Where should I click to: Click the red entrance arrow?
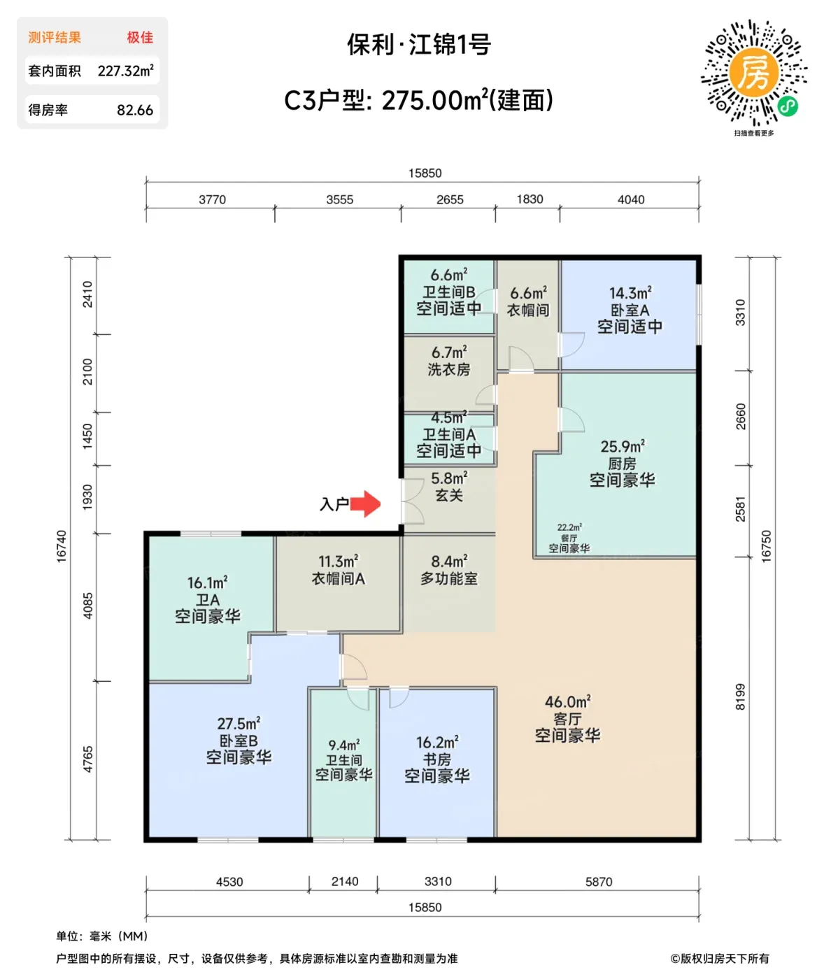(364, 504)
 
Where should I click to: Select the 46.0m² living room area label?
(567, 702)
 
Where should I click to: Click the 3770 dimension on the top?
(212, 199)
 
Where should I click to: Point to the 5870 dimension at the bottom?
(599, 881)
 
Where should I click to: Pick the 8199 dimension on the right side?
(740, 696)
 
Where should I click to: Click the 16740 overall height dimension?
(62, 546)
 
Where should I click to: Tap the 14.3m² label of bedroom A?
(630, 293)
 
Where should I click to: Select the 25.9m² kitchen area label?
(623, 447)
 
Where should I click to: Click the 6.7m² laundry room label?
(449, 352)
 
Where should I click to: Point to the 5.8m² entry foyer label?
(449, 478)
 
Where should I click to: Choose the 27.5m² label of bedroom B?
(239, 724)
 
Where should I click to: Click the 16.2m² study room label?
(437, 742)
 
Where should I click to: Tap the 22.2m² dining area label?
(569, 527)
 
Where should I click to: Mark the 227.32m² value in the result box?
(125, 71)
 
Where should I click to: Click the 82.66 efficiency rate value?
(135, 110)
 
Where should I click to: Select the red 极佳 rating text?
(140, 38)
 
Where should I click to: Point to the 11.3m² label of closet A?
(339, 562)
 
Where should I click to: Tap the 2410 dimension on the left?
(87, 294)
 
